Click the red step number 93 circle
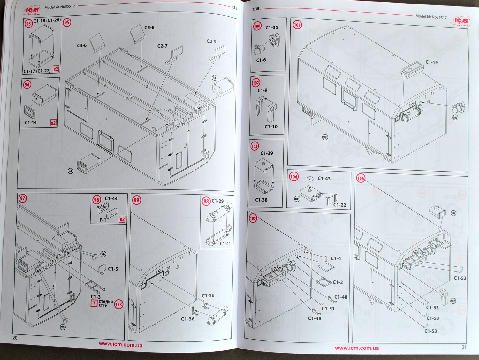tap(29, 23)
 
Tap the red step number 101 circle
tap(297, 25)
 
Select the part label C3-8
tap(149, 28)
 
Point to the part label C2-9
tap(211, 42)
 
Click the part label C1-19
tap(431, 62)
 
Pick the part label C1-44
tap(111, 199)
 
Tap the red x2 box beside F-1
tap(122, 219)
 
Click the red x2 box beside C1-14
tap(53, 123)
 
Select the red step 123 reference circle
tap(119, 304)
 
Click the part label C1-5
tap(113, 269)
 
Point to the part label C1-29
tap(217, 201)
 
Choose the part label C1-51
tap(328, 309)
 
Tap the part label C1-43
tap(324, 179)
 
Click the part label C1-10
tap(271, 127)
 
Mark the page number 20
tap(15, 338)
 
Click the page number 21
tap(464, 347)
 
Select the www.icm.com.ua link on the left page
tap(121, 345)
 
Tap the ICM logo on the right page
tap(460, 21)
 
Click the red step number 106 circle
tap(361, 178)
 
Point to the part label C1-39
tap(267, 153)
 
